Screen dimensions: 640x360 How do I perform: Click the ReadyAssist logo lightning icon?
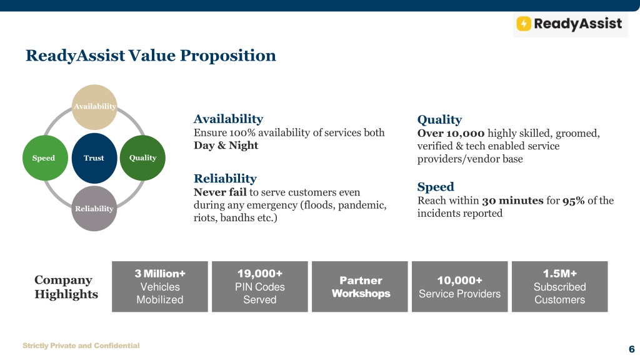[x=524, y=24]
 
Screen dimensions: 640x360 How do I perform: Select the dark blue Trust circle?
[x=94, y=158]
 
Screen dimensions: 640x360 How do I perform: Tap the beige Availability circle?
[x=94, y=107]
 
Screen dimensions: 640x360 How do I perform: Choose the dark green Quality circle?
[x=143, y=158]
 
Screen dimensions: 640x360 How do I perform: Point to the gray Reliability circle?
[x=94, y=209]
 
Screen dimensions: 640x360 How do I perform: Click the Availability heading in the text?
[x=228, y=119]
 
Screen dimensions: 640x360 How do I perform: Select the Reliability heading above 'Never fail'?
[x=225, y=178]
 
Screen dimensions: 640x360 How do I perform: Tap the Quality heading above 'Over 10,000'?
[x=439, y=119]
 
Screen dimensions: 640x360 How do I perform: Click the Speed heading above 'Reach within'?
[x=436, y=187]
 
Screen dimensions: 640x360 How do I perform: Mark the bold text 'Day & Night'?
[x=226, y=145]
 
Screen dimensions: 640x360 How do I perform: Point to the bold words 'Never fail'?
[x=220, y=192]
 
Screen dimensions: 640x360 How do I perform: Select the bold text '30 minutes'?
[x=512, y=201]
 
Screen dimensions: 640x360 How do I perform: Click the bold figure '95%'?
[x=574, y=201]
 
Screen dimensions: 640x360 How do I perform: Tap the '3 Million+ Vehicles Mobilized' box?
[x=160, y=286]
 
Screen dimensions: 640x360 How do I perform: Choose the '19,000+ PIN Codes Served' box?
[x=260, y=286]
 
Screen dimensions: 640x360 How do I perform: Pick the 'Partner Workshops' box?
[x=360, y=286]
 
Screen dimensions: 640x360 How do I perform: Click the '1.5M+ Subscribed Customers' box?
[x=559, y=286]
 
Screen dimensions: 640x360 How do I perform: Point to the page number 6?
[x=631, y=349]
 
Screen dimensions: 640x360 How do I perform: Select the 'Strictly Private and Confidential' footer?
[x=81, y=346]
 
